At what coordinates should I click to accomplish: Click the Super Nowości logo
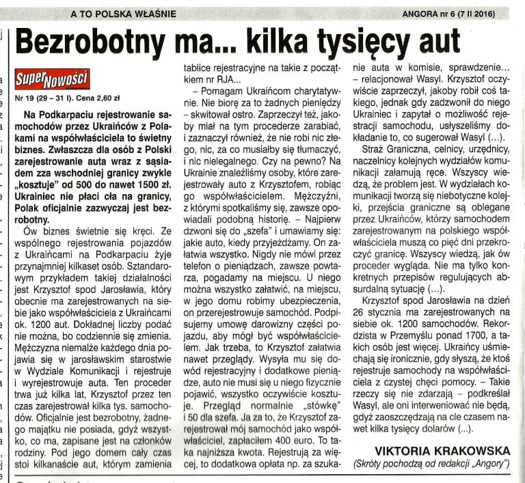pyautogui.click(x=51, y=79)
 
